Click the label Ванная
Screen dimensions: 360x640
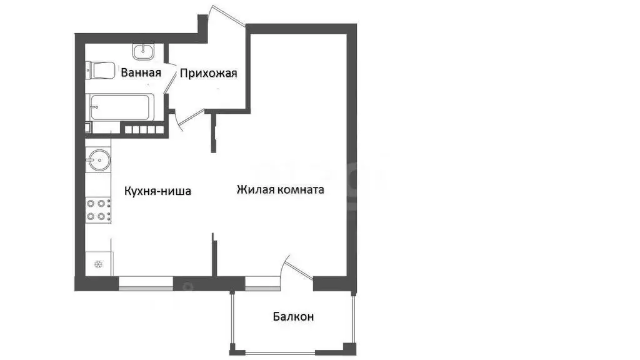pos(141,73)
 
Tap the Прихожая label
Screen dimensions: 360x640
pos(208,73)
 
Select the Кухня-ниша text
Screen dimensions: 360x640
pos(157,191)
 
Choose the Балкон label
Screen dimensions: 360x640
pos(293,317)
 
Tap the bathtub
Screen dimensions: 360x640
pos(119,109)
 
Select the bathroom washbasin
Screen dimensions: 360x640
pos(146,50)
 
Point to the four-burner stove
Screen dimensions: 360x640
pos(98,209)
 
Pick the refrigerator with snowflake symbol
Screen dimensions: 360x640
pos(98,264)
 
